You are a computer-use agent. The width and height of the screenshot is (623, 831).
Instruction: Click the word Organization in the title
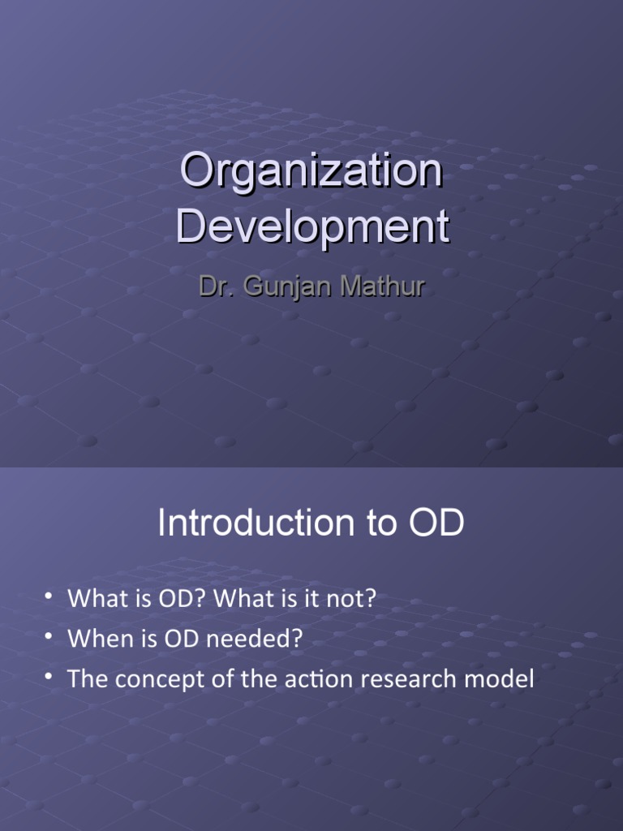coord(311,172)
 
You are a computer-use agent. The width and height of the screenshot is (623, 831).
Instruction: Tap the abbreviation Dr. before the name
coord(215,287)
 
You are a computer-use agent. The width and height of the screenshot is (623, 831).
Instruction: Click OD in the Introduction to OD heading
coord(436,523)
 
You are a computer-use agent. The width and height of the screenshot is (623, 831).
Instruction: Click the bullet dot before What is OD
coord(49,597)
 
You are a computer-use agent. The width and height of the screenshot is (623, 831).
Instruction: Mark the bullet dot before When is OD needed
coord(49,638)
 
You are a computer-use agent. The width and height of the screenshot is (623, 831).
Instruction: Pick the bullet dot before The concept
coord(49,678)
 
